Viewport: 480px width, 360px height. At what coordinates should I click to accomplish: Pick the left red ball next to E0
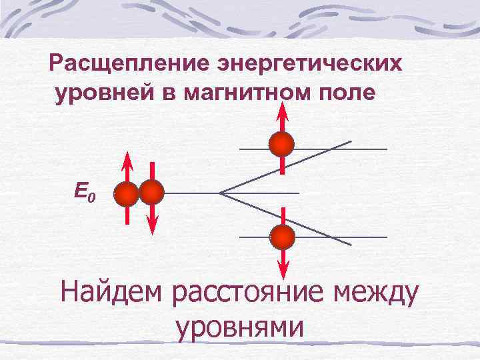pyautogui.click(x=126, y=194)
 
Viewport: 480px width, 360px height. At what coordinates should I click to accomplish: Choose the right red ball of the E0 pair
pyautogui.click(x=151, y=193)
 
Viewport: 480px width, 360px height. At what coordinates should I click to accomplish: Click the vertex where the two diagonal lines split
pyautogui.click(x=220, y=193)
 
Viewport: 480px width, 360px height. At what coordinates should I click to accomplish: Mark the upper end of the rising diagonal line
pyautogui.click(x=351, y=141)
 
